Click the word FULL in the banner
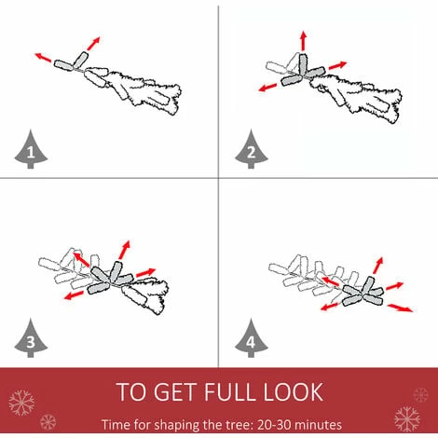230,392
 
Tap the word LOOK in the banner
294,392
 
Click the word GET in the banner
175,392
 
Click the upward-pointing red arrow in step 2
304,40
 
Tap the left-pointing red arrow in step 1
43,57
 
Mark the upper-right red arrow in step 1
93,44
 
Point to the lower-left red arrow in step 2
267,88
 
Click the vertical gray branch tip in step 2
303,64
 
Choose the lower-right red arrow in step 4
401,308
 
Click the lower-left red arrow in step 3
74,295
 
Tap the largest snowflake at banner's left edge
21,403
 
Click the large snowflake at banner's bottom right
407,419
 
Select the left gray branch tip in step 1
63,64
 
